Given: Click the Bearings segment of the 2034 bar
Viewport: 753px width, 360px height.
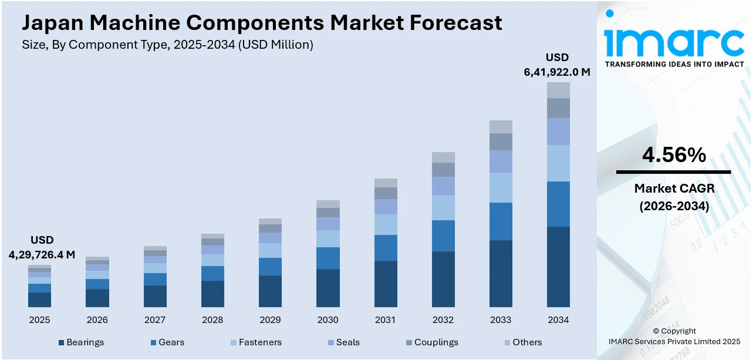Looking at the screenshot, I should (558, 267).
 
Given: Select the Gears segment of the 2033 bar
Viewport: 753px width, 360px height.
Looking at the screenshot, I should (501, 221).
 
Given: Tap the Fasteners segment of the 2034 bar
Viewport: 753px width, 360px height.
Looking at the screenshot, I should (558, 163).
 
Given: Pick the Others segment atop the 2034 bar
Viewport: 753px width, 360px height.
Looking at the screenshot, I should (558, 90).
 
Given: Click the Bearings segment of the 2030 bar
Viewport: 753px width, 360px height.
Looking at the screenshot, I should (327, 288).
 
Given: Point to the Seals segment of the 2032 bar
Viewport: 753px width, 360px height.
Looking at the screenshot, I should (443, 186).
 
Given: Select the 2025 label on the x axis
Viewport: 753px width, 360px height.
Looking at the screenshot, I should (39, 320).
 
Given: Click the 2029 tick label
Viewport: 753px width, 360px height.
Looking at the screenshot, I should (270, 320).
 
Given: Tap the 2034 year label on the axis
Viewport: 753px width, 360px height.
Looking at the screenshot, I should (558, 320).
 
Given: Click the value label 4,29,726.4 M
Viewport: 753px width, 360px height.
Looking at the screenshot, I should (42, 254).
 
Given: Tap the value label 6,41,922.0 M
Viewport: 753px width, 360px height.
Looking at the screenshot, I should (557, 72).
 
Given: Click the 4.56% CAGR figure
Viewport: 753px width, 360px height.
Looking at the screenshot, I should (674, 155).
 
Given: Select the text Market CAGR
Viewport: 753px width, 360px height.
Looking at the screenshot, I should (674, 189).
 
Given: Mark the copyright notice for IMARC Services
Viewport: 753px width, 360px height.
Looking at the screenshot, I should (674, 341).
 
